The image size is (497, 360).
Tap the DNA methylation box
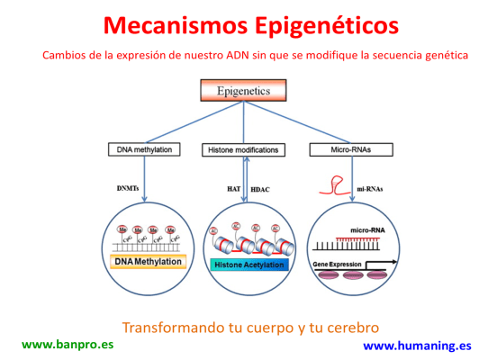145,148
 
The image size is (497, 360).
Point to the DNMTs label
130,189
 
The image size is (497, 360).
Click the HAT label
232,190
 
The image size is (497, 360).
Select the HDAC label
260,190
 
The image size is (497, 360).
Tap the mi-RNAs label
372,190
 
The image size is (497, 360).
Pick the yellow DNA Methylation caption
149,262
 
